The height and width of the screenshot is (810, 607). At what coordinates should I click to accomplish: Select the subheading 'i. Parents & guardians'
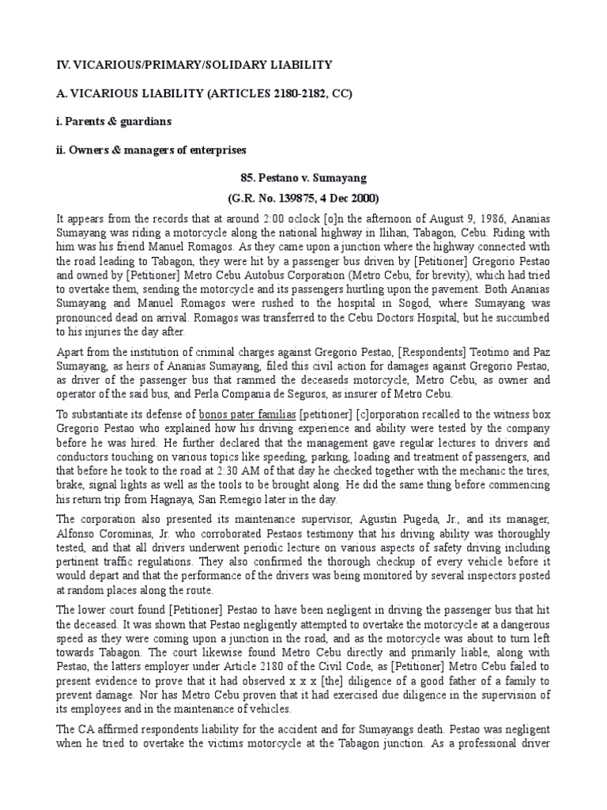click(114, 122)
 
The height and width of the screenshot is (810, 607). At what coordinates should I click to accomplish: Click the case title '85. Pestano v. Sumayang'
click(303, 178)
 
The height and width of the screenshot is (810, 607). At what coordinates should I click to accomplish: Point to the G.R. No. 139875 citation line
click(303, 198)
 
